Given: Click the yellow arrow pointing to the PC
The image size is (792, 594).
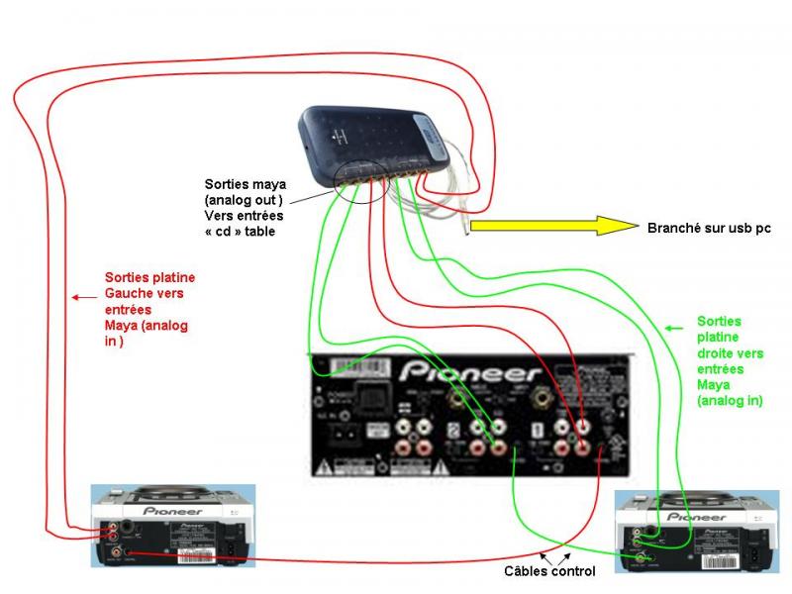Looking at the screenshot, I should (554, 226).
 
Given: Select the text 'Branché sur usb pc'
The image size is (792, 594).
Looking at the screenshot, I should (708, 228).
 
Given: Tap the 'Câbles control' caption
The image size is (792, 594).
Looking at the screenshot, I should (549, 571).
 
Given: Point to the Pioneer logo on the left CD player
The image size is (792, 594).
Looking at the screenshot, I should (173, 511).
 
